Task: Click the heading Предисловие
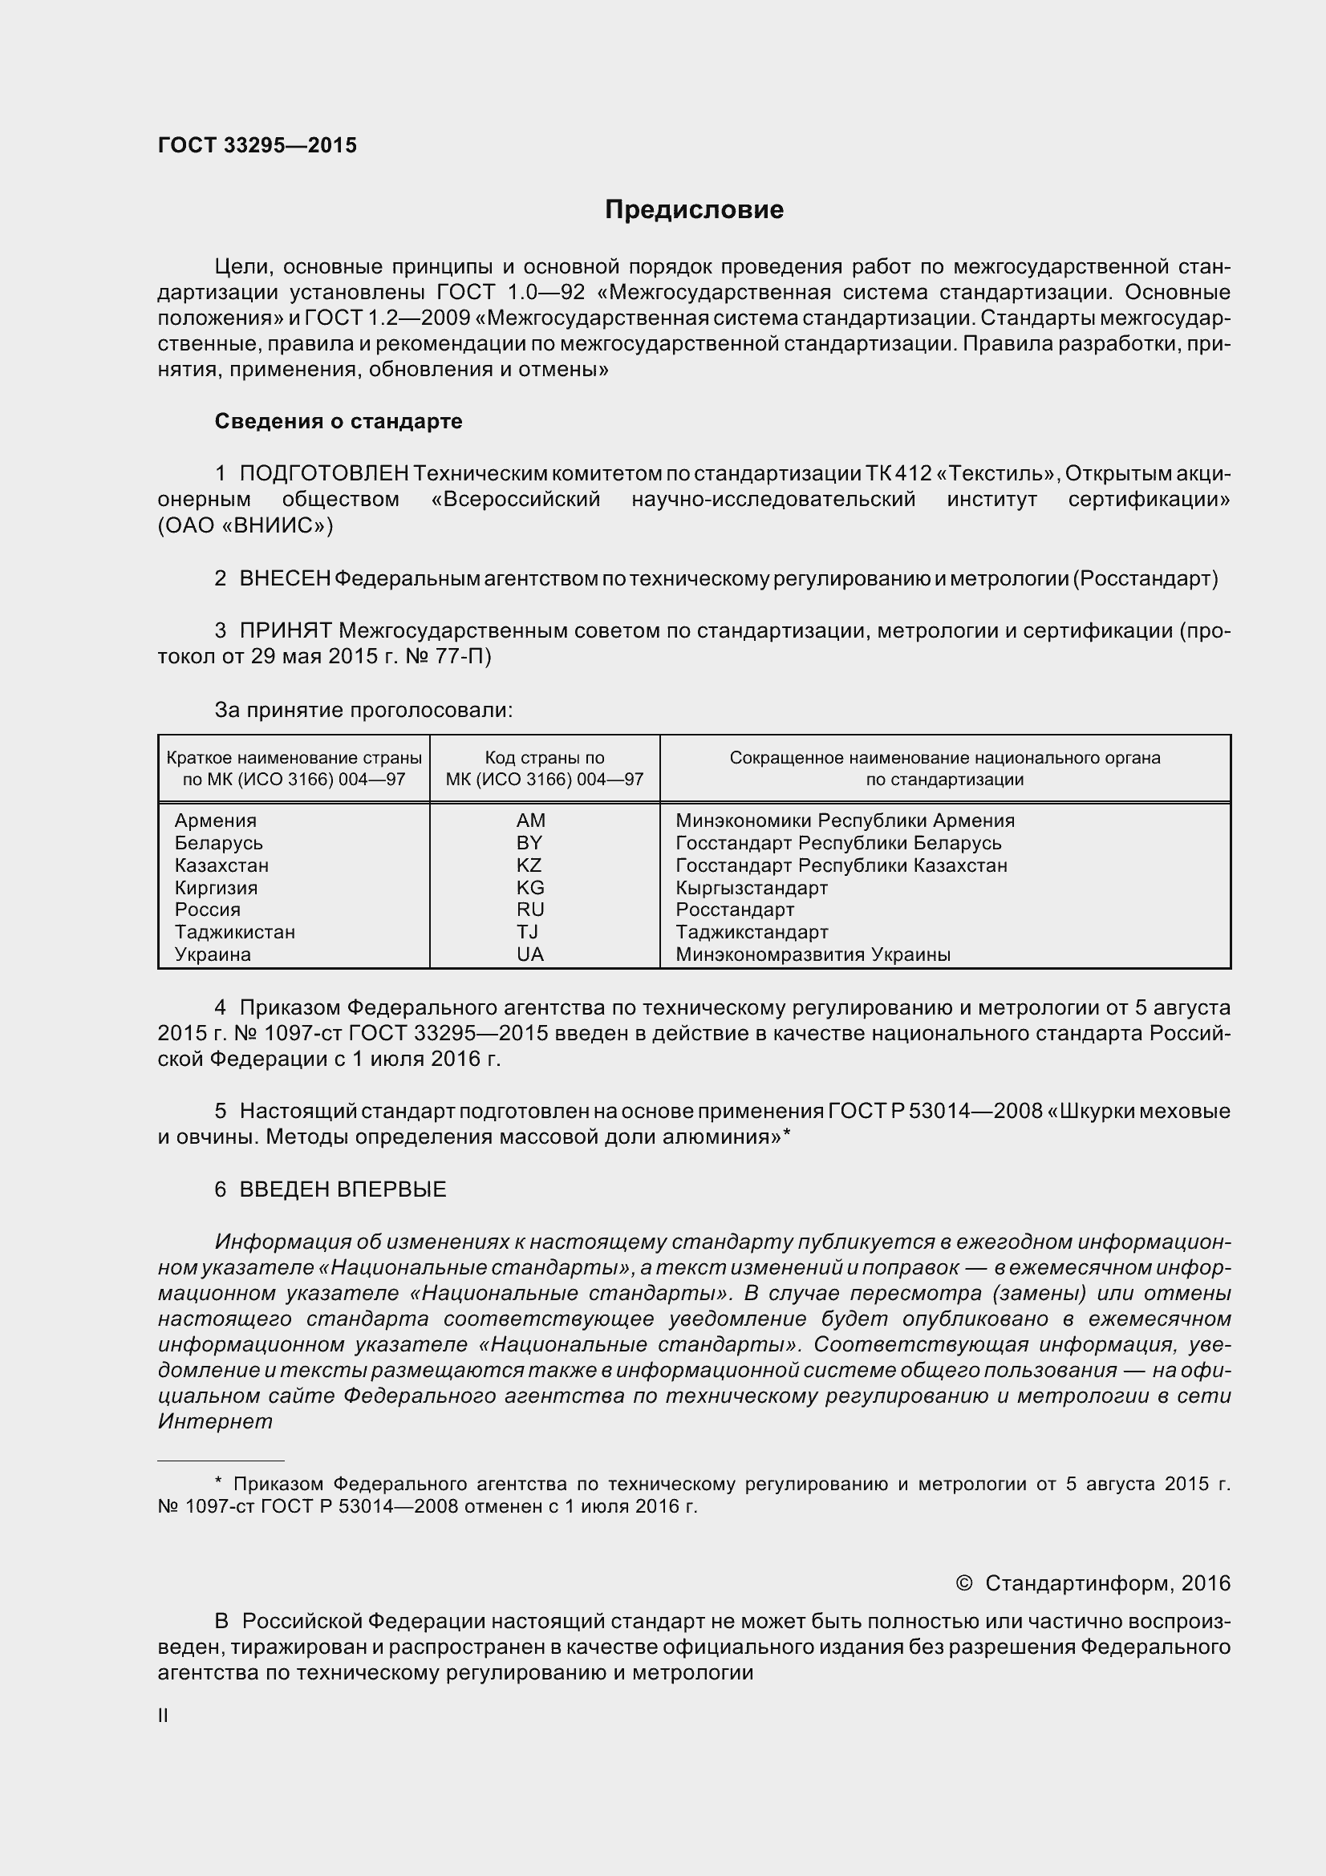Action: pos(694,210)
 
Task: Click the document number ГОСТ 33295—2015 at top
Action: pos(257,145)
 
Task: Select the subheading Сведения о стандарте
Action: pos(339,422)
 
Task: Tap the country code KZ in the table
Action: pos(529,865)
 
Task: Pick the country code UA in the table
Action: pos(529,954)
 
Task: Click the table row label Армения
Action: pos(216,820)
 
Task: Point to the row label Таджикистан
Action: pos(234,932)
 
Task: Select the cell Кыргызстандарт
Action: pos(751,887)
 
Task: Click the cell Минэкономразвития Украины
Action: pos(812,954)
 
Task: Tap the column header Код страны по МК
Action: pos(544,768)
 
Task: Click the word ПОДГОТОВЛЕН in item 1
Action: pos(323,474)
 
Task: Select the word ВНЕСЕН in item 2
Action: pos(284,579)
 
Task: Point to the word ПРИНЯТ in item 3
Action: pos(285,630)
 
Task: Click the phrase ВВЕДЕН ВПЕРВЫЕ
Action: pos(343,1189)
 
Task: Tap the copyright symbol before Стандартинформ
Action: pos(964,1583)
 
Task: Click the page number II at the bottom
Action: pos(164,1716)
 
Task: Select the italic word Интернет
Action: pos(215,1422)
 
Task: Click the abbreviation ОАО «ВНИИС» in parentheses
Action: pos(245,526)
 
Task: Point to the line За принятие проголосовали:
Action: pos(363,710)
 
